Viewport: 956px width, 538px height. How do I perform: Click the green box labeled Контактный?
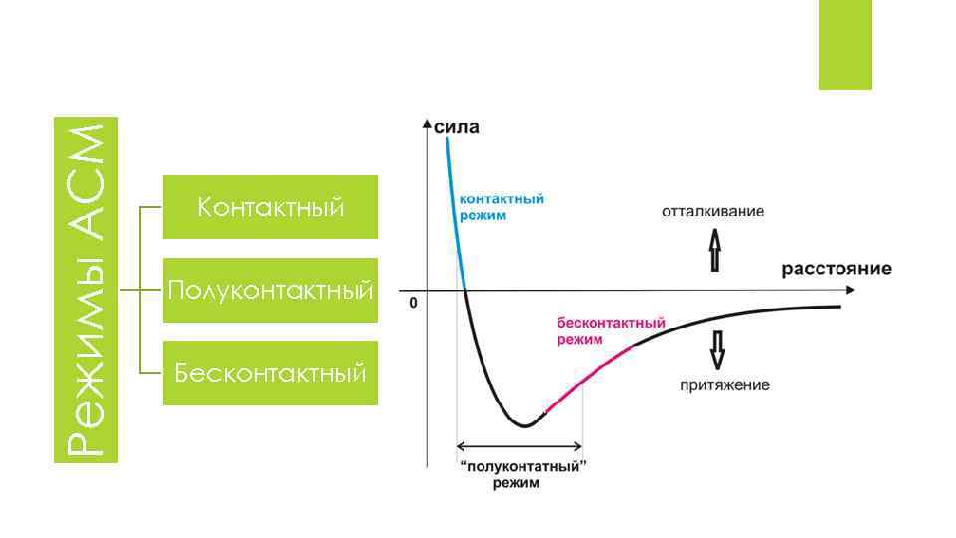tap(271, 207)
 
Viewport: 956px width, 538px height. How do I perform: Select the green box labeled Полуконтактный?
tap(271, 291)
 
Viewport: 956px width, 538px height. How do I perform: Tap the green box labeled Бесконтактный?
tap(271, 374)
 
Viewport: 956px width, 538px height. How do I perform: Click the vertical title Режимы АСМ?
tap(91, 289)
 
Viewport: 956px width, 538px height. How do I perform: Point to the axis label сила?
tap(457, 127)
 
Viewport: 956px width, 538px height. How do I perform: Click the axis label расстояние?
tap(836, 269)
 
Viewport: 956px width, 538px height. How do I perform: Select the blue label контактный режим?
tap(500, 207)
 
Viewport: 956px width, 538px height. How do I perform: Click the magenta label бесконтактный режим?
tap(609, 331)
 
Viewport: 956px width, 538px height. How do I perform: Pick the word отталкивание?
tap(714, 211)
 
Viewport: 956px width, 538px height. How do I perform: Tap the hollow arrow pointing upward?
tap(714, 249)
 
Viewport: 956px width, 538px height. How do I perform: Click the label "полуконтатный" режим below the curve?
tap(522, 475)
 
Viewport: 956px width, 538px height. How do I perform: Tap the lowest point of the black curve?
tap(523, 425)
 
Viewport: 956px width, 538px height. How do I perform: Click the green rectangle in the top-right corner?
tap(844, 44)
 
